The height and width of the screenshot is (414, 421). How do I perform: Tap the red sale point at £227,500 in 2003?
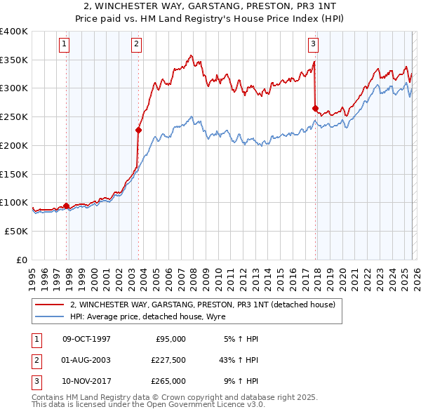point(139,130)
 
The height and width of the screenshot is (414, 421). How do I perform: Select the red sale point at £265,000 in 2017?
point(316,108)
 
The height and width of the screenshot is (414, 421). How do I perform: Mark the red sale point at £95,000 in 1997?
point(67,206)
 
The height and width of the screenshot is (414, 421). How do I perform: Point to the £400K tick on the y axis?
point(14,32)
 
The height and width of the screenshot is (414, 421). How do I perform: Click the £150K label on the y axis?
point(14,173)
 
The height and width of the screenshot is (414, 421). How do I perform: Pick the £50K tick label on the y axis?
point(16,230)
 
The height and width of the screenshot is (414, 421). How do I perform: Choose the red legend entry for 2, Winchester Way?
point(203,305)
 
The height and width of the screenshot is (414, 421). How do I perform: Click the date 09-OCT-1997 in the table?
point(86,339)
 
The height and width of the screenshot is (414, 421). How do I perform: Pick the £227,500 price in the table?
point(168,360)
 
